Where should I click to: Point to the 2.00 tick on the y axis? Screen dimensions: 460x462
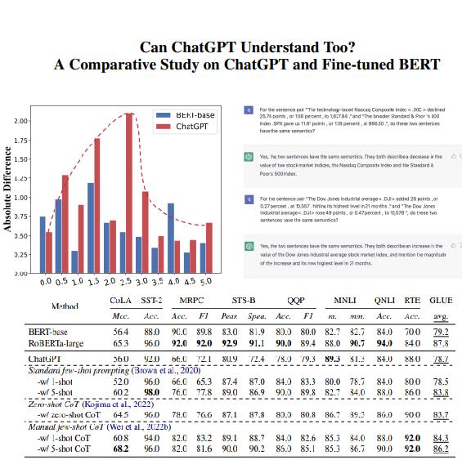(23, 121)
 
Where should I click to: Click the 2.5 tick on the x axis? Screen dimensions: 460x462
(122, 282)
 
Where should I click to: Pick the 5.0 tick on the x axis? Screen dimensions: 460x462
(204, 282)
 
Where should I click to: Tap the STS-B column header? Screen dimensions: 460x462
(244, 301)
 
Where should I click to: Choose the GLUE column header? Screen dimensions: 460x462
(440, 301)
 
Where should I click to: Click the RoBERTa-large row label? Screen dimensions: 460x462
(53, 345)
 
